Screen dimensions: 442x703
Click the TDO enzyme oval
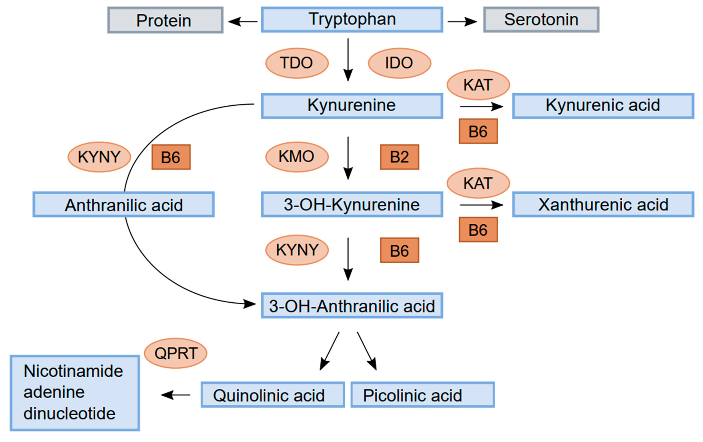click(x=297, y=63)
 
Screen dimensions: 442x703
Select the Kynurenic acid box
click(x=603, y=106)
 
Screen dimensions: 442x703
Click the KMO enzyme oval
click(x=297, y=157)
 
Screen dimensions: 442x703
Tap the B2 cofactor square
click(x=399, y=157)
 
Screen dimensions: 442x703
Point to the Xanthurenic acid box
click(x=603, y=205)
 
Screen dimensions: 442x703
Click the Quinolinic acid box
click(x=273, y=395)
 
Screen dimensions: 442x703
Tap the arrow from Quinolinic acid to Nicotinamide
click(x=175, y=395)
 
